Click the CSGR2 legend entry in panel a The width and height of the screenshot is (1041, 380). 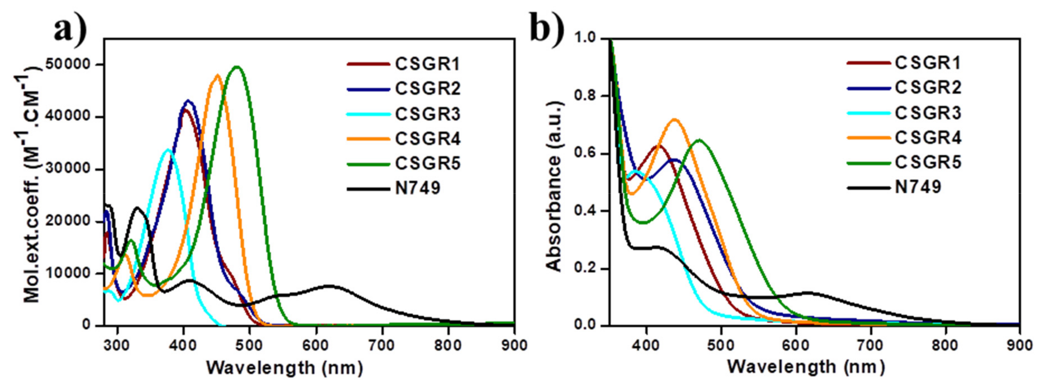click(x=428, y=89)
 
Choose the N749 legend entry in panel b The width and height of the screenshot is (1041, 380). click(x=918, y=187)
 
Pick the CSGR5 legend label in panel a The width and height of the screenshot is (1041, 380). click(x=428, y=164)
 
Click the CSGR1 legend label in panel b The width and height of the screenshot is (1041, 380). click(x=928, y=63)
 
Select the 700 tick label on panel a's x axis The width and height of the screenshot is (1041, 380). click(x=382, y=346)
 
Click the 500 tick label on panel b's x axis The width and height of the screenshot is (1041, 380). click(x=721, y=346)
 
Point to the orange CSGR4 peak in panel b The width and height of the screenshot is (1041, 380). click(x=674, y=120)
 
